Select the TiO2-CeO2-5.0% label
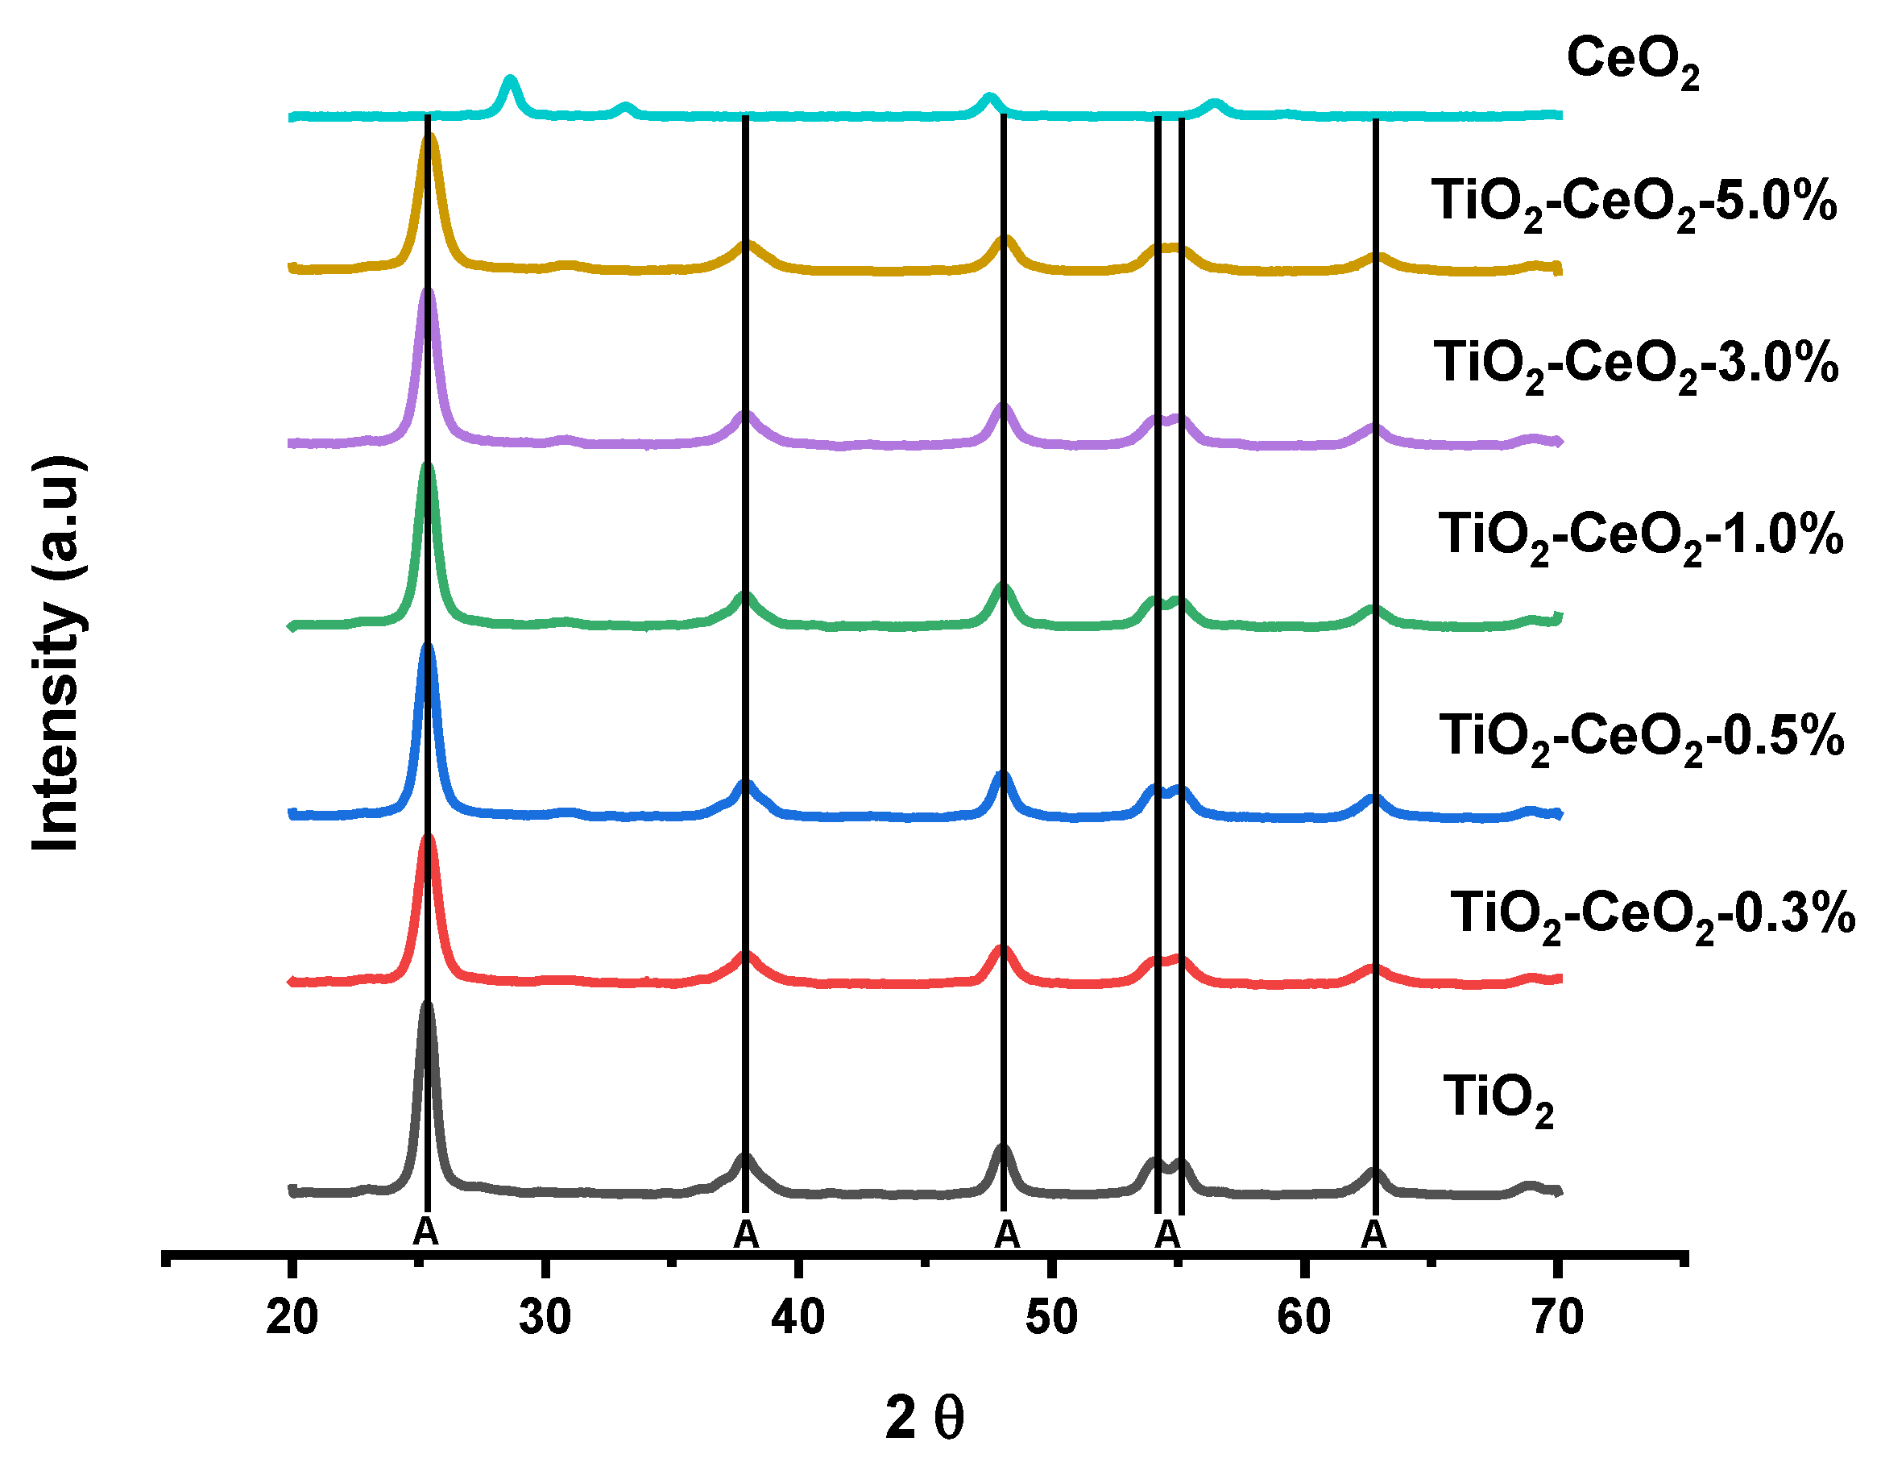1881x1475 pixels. (1633, 203)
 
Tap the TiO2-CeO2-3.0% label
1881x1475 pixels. (1635, 364)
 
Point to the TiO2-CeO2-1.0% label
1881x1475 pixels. (1640, 536)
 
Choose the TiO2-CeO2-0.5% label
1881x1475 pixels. (1640, 738)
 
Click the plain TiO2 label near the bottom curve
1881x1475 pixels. (1498, 1100)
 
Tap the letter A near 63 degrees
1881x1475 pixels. (1373, 1235)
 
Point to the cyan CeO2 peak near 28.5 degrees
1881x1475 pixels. (510, 81)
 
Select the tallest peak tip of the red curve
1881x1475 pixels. (426, 837)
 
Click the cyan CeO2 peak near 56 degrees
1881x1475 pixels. (1215, 105)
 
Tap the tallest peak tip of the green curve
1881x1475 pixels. (426, 467)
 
